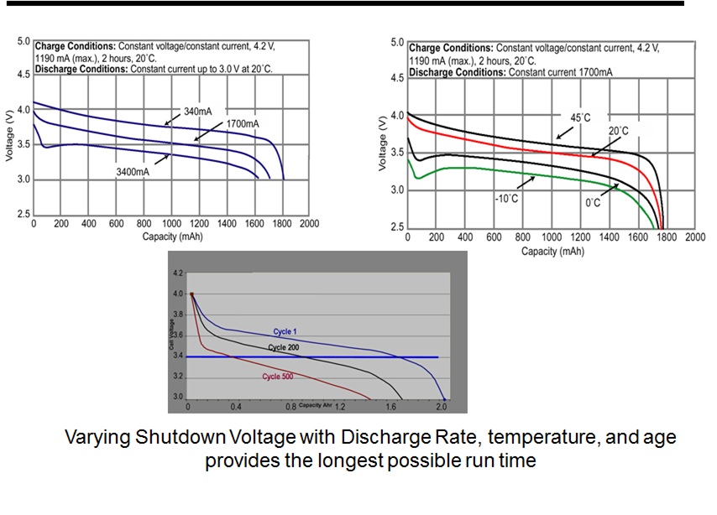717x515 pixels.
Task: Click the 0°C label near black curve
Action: click(x=593, y=202)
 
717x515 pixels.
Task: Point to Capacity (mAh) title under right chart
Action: click(x=552, y=251)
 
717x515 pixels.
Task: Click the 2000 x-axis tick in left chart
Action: click(x=308, y=225)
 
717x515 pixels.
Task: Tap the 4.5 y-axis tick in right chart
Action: click(x=396, y=78)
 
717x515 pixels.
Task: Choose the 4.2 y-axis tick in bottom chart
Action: click(x=177, y=274)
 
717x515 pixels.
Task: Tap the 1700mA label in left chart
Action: click(x=242, y=124)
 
